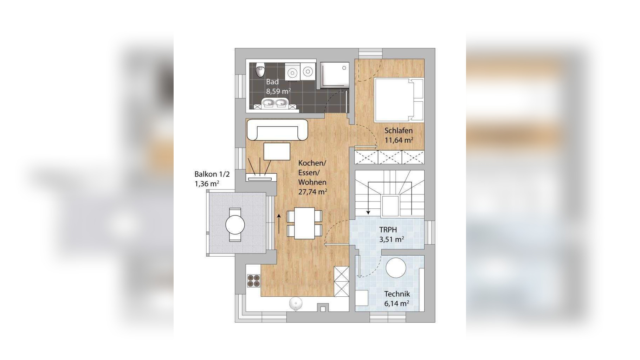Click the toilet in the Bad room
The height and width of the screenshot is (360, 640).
[x=260, y=70]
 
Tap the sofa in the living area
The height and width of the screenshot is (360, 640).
[x=277, y=129]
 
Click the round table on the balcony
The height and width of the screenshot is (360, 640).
[x=235, y=224]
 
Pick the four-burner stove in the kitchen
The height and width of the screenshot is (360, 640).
[x=254, y=280]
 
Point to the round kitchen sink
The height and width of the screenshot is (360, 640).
[x=296, y=304]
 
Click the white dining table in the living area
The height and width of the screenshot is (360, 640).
[x=304, y=223]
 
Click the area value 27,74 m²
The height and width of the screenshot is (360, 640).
[x=312, y=192]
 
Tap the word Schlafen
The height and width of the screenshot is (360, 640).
[x=398, y=130]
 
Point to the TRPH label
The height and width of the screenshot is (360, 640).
[x=388, y=230]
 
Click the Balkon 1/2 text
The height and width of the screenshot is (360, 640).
[x=212, y=174]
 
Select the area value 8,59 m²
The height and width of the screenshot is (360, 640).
[x=278, y=91]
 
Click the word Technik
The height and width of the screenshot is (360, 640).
[x=397, y=294]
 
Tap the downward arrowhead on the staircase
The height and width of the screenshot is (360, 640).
[x=368, y=212]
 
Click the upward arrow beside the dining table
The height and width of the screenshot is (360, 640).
[x=279, y=223]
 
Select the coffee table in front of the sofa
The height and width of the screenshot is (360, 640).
[x=277, y=151]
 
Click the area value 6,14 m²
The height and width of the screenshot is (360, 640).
[x=397, y=303]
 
